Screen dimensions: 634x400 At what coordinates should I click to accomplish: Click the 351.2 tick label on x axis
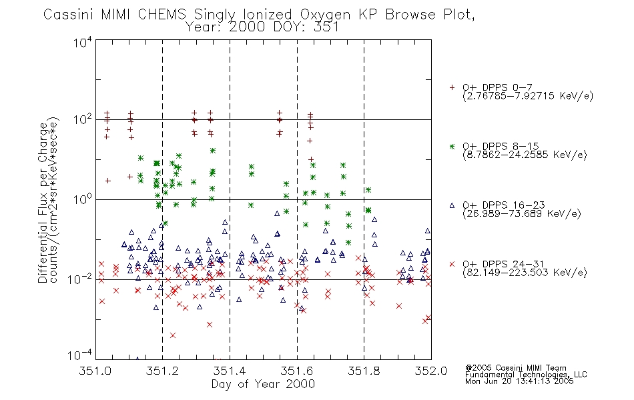162,371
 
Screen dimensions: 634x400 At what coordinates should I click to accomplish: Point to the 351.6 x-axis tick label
297,371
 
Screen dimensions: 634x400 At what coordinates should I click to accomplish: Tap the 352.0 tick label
431,371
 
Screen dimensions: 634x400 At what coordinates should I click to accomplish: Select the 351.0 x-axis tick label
95,371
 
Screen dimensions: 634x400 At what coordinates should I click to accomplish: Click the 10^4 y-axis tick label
83,42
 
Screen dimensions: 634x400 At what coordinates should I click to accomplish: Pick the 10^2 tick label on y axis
83,120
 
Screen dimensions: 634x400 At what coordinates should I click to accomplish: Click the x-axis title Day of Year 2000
263,384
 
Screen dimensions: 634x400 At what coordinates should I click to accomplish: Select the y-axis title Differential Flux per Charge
43,203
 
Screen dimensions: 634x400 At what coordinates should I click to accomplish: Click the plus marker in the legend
452,87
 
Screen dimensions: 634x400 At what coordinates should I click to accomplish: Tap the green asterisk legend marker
452,147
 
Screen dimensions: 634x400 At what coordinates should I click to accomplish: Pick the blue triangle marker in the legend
452,205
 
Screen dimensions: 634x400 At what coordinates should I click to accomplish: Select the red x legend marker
452,264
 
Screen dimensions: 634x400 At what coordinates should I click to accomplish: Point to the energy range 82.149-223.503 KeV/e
525,273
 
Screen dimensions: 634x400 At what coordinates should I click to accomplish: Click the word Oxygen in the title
325,15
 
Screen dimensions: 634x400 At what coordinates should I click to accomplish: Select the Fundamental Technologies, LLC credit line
526,375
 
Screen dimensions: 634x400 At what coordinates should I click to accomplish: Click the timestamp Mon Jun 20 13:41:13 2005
519,381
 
